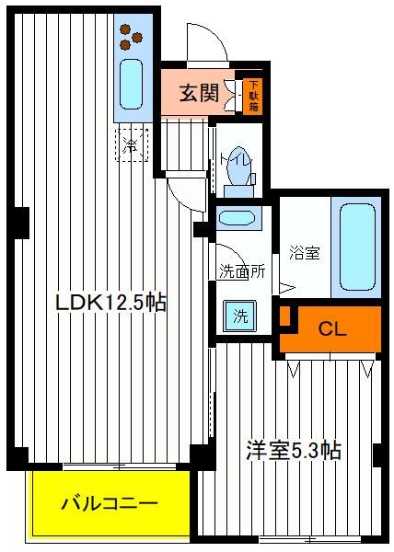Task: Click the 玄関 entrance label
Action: click(x=199, y=93)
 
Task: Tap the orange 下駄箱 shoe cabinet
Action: click(x=253, y=96)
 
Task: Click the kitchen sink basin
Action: click(x=131, y=84)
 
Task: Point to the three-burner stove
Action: click(x=131, y=37)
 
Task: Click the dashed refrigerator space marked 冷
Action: click(x=132, y=144)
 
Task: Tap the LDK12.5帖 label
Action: click(x=110, y=302)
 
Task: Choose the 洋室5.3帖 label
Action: click(x=294, y=450)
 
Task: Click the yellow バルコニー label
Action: click(x=110, y=504)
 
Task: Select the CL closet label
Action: click(x=332, y=329)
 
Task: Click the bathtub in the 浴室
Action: click(x=357, y=247)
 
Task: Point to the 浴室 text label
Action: click(x=305, y=252)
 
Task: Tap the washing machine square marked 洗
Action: click(x=240, y=316)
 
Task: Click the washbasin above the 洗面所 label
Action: click(x=237, y=217)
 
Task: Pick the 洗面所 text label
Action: click(x=242, y=271)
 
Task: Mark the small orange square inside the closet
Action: click(x=284, y=316)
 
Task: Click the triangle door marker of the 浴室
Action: click(x=286, y=288)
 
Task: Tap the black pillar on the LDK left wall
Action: click(x=21, y=223)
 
